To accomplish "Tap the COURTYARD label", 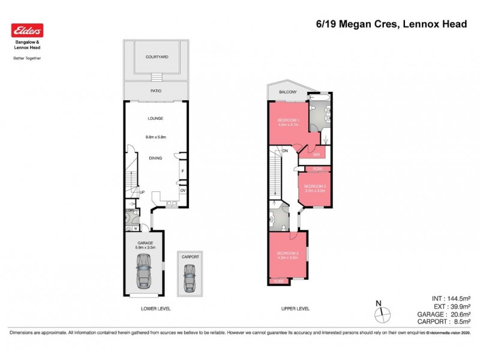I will [x=156, y=57].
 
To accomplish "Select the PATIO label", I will [x=156, y=92].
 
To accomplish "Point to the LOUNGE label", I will [x=156, y=118].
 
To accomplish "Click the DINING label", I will [x=156, y=158].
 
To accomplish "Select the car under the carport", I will [x=190, y=277].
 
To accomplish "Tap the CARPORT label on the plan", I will [x=190, y=257].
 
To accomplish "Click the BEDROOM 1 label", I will [x=287, y=121].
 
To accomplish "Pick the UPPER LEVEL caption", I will [x=295, y=308].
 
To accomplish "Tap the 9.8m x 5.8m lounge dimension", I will [x=156, y=137].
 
